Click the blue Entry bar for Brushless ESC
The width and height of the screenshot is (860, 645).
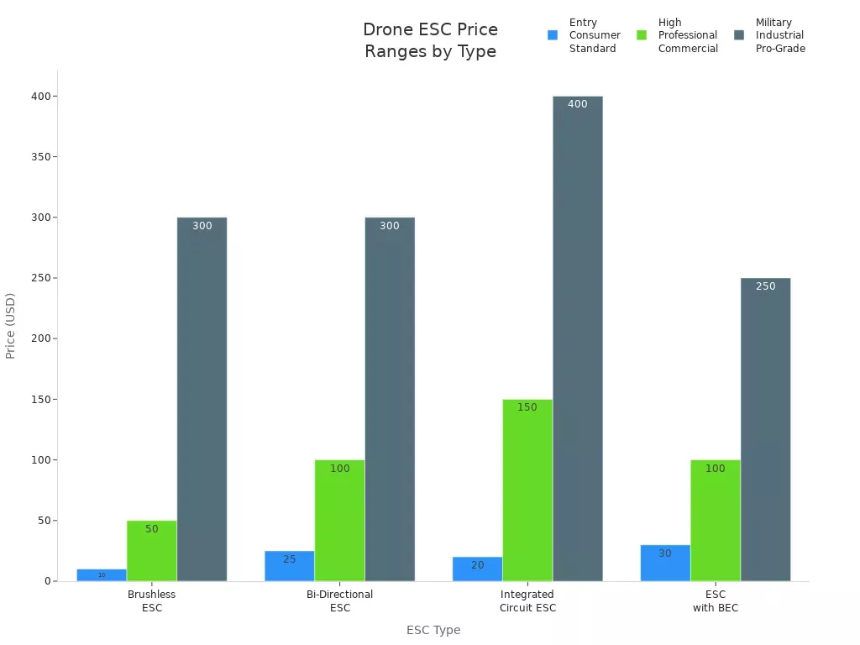[102, 575]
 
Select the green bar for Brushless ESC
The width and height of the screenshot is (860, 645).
[152, 551]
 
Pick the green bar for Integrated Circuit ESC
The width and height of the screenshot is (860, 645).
[527, 490]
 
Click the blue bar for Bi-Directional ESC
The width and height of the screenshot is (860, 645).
[290, 566]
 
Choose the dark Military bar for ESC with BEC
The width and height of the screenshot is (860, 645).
[765, 429]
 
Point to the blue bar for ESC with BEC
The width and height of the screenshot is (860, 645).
[665, 563]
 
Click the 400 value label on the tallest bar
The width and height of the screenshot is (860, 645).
[578, 104]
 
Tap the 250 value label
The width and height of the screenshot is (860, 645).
[765, 286]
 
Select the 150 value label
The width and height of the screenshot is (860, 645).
[527, 407]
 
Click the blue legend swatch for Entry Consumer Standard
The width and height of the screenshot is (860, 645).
[553, 35]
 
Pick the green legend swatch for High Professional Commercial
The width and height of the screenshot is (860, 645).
[642, 35]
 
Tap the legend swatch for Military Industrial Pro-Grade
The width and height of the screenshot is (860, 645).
[739, 35]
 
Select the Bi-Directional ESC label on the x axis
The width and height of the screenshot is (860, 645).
[340, 600]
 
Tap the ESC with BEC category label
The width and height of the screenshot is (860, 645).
[716, 600]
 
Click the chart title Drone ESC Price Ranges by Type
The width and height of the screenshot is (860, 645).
[430, 40]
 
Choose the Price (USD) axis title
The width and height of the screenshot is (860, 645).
[11, 326]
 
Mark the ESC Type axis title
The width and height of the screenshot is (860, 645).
[433, 630]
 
